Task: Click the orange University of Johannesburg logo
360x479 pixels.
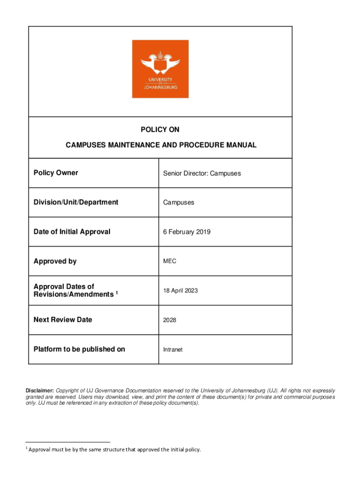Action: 160,68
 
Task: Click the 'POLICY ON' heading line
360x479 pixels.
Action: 160,130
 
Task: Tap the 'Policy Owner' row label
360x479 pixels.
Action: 56,173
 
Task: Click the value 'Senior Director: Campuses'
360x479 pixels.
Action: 202,173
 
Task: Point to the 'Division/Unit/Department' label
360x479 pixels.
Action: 76,202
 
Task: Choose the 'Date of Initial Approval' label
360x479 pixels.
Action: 72,232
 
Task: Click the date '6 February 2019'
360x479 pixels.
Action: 187,232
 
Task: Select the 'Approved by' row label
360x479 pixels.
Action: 55,261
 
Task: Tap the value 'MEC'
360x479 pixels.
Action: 170,261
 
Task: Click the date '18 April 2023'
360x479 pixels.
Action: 180,290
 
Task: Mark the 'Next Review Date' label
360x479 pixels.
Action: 63,319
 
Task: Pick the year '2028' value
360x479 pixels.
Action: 170,320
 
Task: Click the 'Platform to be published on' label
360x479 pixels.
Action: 79,349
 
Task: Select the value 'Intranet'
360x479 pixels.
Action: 173,349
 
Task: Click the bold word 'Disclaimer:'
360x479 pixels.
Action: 40,390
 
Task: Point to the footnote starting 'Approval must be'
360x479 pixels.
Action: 114,450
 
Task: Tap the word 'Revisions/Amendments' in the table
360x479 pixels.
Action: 73,294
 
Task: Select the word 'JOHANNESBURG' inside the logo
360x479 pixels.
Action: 160,87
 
